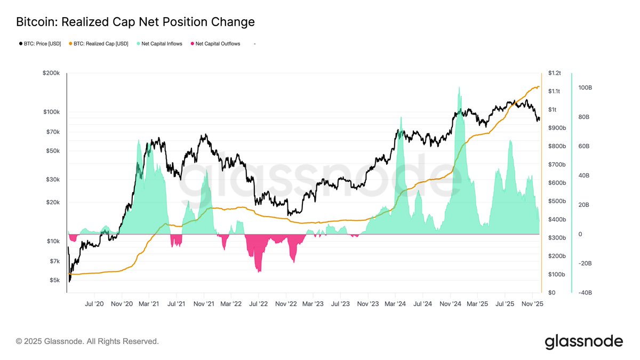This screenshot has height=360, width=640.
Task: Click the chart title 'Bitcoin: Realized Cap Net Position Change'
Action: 135,22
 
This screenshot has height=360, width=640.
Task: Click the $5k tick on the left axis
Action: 55,280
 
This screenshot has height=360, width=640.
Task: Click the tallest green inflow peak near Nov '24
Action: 459,88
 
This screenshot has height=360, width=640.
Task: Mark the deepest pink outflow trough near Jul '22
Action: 259,271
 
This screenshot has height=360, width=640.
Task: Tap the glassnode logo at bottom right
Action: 583,341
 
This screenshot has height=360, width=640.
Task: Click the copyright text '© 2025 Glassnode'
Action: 87,341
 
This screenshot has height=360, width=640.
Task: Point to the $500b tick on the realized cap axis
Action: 557,201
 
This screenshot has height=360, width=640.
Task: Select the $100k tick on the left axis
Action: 52,112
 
